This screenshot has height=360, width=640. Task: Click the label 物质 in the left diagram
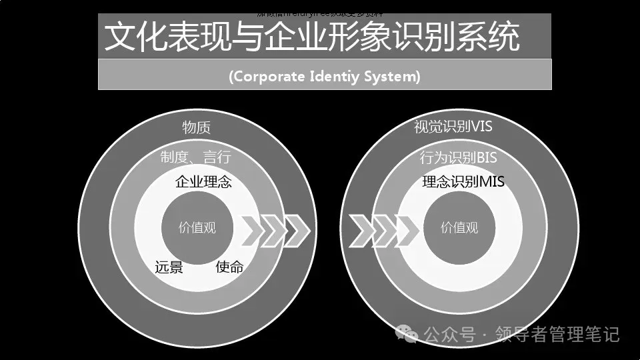[x=197, y=127]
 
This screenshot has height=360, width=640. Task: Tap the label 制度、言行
[x=195, y=158]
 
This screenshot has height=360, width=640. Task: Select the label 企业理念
[x=203, y=181]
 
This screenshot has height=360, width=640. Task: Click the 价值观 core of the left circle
[x=197, y=227]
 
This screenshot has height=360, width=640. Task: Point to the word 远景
[x=169, y=267]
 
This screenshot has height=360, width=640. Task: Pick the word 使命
[x=229, y=267]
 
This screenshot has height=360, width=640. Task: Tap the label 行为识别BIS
[x=459, y=158]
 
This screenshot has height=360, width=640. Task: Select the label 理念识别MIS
[x=463, y=181]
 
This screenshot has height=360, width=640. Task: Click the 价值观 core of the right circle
[x=459, y=227]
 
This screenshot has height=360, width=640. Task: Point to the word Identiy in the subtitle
[x=335, y=77]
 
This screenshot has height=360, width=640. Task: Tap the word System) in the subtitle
[x=393, y=77]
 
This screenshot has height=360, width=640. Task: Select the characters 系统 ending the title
[x=494, y=37]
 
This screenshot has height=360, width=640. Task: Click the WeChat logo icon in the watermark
[x=406, y=332]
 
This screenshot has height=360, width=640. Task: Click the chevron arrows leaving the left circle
[x=275, y=231]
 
